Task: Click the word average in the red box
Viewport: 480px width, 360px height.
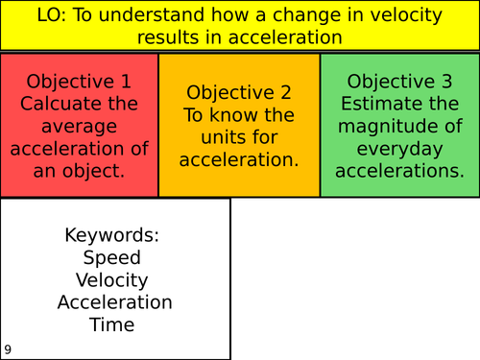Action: click(79, 126)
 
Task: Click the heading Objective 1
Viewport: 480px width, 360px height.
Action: click(79, 82)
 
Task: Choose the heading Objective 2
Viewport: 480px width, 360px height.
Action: click(239, 93)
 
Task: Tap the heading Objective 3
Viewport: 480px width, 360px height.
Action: click(399, 82)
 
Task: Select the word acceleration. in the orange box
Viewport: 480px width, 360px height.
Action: click(239, 159)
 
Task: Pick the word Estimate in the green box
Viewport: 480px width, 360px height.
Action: click(399, 104)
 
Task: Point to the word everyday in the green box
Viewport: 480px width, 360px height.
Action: click(399, 148)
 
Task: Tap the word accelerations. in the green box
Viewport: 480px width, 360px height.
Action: click(399, 170)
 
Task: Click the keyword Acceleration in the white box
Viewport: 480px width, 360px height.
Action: click(114, 302)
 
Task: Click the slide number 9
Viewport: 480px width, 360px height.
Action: click(8, 350)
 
